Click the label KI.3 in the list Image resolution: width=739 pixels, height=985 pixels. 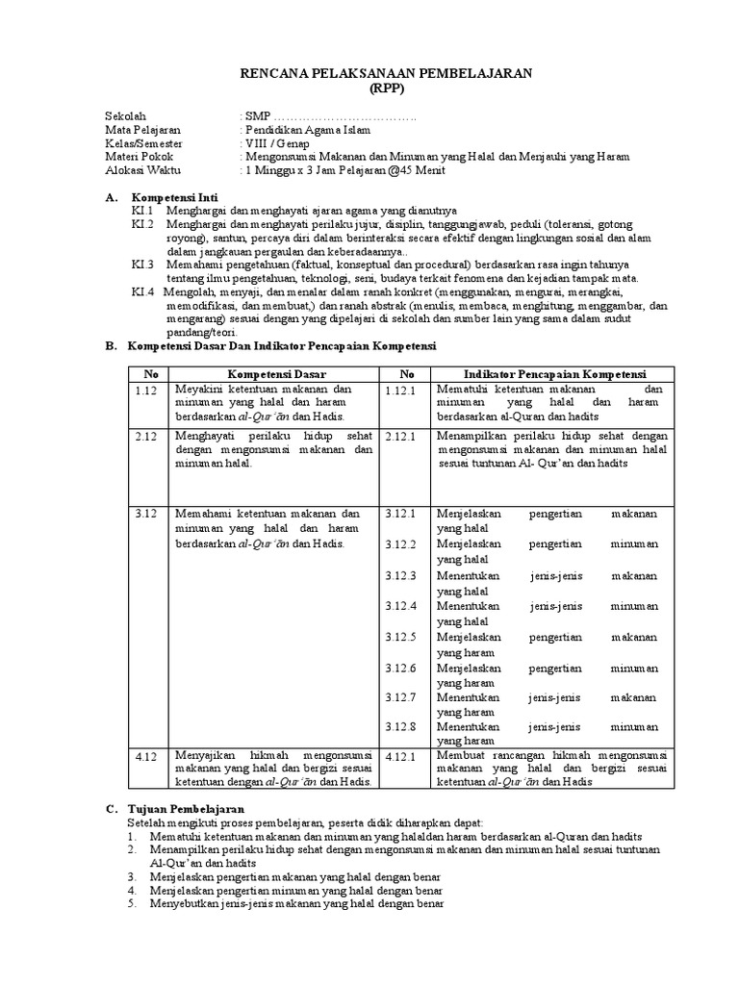coord(143,264)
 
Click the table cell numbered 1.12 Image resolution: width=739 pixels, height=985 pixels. coord(145,390)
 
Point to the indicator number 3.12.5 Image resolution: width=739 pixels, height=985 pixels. coord(400,637)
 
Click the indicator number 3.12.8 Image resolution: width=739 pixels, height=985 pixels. coord(400,727)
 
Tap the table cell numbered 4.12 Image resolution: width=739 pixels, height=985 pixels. coord(145,757)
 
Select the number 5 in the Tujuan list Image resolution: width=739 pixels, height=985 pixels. coord(131,903)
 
